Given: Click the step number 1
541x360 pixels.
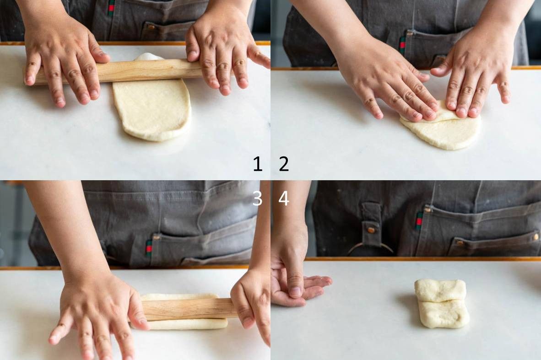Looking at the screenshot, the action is [257, 164].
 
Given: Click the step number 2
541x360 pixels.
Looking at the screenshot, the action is [284, 164].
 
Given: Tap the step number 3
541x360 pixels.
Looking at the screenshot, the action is [257, 198].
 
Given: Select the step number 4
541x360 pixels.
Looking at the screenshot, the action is [284, 198].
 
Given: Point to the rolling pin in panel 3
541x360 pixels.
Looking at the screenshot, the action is [188, 309].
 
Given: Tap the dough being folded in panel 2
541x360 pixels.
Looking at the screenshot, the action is [442, 128].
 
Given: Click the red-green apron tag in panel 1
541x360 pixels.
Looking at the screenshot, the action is [111, 8].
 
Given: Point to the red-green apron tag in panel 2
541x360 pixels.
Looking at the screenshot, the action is [402, 45].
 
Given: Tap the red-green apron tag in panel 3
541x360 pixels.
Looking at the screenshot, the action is [149, 248].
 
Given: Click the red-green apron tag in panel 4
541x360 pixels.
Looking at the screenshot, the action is [419, 221].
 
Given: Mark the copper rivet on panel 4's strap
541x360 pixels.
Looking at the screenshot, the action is [371, 230].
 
